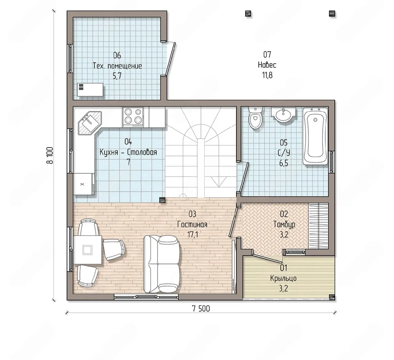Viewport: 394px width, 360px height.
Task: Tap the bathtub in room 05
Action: click(315, 136)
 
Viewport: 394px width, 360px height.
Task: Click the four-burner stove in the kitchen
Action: click(133, 117)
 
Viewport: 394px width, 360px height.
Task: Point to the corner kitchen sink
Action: click(90, 123)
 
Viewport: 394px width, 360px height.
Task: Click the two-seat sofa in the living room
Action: click(162, 264)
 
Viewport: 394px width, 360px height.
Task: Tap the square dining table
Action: click(87, 250)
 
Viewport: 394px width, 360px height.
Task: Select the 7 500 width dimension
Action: click(201, 309)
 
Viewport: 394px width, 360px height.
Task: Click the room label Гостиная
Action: click(192, 224)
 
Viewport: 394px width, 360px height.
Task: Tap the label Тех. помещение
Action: click(117, 66)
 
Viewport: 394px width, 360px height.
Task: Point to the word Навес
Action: click(267, 65)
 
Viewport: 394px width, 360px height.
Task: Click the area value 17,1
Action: click(192, 234)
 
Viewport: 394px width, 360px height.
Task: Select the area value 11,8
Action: click(267, 75)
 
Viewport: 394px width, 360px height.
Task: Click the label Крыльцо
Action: click(283, 278)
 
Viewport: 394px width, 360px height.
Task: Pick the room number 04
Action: click(128, 141)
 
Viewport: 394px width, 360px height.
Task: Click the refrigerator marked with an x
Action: click(84, 184)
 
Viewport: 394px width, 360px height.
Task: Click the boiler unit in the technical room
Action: click(90, 90)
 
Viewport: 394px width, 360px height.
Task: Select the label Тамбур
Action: click(284, 224)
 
